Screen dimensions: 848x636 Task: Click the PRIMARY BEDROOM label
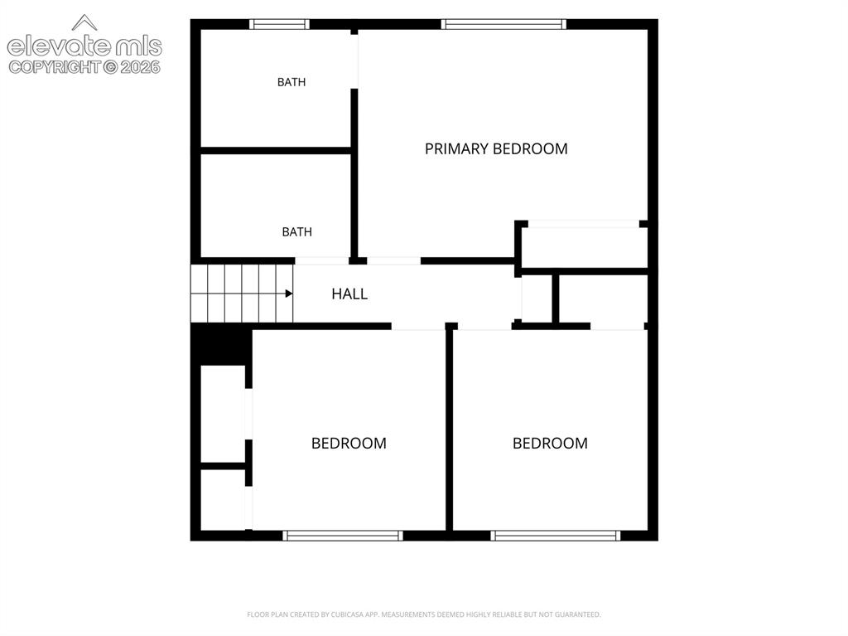point(496,149)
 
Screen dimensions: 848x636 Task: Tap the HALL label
point(349,294)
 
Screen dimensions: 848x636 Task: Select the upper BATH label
point(291,82)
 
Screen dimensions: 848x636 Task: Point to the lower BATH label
point(297,232)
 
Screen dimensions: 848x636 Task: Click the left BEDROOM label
point(349,444)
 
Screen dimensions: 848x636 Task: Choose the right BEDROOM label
point(550,444)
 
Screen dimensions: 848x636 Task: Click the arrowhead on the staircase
point(289,294)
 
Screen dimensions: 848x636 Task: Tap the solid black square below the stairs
point(221,344)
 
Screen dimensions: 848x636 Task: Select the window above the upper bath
point(280,24)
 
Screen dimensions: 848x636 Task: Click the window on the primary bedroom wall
point(503,24)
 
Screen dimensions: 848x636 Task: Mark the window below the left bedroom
point(343,536)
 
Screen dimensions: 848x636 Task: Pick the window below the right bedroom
point(556,536)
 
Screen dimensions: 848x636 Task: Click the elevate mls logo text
point(84,46)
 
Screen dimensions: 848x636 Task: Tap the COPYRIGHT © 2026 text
point(84,67)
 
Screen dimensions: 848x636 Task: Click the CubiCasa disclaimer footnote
point(424,614)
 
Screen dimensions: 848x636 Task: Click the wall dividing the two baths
point(277,151)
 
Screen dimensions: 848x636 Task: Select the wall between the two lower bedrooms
point(449,430)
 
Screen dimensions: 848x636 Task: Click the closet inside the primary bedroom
point(584,246)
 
